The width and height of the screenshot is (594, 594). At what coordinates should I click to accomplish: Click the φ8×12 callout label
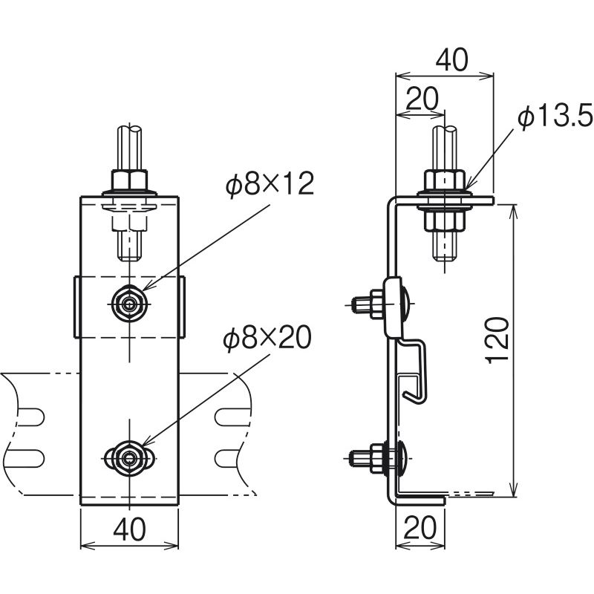point(270,184)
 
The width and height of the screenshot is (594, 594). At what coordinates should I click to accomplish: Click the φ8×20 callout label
point(267,339)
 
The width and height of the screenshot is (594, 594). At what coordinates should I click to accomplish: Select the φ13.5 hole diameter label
point(555,117)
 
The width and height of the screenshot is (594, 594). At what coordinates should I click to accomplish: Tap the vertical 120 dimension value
point(497,341)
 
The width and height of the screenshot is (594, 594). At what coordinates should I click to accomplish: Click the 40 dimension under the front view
point(129,529)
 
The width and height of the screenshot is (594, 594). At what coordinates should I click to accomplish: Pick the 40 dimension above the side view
point(451,60)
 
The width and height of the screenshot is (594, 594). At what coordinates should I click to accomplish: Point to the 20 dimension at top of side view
point(422,99)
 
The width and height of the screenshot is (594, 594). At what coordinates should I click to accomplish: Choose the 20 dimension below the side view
point(420,528)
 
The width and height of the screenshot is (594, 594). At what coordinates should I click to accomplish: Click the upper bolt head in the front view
point(129,304)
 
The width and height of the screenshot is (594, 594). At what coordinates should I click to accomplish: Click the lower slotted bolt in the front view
point(129,459)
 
